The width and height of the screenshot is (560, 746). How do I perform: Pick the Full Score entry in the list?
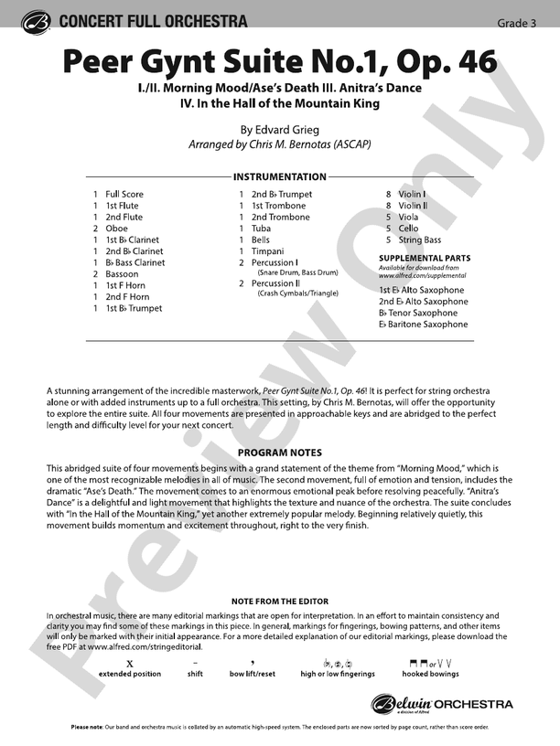[x=124, y=194]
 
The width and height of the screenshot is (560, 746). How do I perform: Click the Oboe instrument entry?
[x=116, y=229]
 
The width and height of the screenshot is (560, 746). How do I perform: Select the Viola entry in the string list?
[x=408, y=217]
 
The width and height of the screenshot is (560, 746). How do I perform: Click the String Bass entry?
[x=419, y=240]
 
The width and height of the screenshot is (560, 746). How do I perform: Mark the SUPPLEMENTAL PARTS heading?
[x=425, y=259]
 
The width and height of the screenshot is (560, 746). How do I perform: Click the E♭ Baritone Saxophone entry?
[x=423, y=325]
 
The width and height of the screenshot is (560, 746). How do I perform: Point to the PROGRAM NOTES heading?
[x=280, y=453]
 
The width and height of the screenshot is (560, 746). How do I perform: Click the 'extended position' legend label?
[x=130, y=674]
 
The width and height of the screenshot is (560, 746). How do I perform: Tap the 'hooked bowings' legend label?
[x=420, y=674]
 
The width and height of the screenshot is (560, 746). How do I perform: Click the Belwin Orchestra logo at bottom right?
[x=442, y=704]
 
